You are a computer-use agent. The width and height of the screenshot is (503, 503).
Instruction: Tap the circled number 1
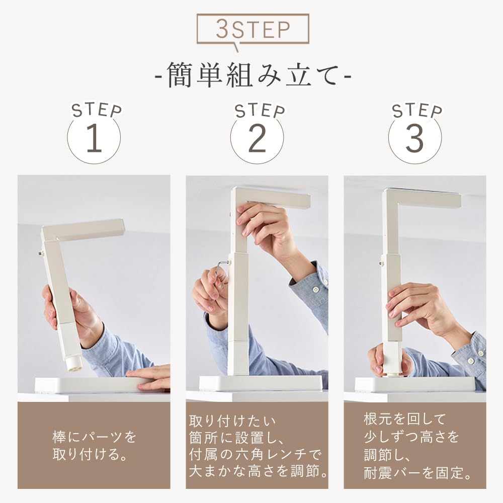[94, 138]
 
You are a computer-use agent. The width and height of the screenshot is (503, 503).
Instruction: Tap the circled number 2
[257, 138]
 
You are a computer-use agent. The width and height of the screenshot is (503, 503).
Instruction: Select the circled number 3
[415, 138]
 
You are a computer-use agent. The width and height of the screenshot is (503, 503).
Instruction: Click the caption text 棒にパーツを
[95, 437]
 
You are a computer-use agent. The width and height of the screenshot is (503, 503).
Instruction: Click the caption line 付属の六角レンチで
[255, 454]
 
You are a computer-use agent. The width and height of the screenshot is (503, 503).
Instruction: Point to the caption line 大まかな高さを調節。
[258, 471]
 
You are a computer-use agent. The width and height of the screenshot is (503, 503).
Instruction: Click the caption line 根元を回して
[405, 419]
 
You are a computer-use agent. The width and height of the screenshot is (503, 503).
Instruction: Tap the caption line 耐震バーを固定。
[418, 472]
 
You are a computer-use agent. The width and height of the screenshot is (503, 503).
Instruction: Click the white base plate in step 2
[261, 383]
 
